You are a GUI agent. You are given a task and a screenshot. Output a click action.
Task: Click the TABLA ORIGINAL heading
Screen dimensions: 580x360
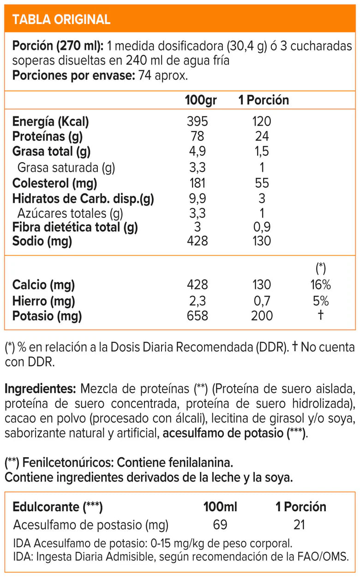click(x=61, y=19)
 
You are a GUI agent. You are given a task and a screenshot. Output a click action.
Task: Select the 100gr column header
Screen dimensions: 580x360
click(x=201, y=100)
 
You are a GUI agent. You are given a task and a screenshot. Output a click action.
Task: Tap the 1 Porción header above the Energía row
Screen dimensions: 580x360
click(x=264, y=100)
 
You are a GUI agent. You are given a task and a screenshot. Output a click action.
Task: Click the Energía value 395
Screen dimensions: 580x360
click(x=198, y=121)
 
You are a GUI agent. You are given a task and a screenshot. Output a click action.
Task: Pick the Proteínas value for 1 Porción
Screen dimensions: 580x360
click(x=262, y=136)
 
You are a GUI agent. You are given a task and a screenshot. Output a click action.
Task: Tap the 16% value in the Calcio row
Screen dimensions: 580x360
click(x=320, y=284)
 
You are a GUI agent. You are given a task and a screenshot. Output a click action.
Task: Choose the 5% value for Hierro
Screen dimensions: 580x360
click(x=320, y=302)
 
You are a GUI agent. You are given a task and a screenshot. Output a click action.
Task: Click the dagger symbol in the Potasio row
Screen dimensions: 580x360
click(x=320, y=316)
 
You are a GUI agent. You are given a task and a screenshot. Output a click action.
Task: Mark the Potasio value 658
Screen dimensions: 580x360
click(x=198, y=316)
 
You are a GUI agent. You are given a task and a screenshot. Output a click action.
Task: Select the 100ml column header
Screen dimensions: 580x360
click(x=220, y=507)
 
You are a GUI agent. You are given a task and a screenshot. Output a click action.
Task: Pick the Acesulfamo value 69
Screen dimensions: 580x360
click(x=220, y=525)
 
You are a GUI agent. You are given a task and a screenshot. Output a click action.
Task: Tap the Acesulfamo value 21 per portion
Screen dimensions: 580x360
click(x=299, y=525)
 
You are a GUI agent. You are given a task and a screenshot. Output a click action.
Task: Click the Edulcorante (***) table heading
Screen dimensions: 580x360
click(x=58, y=507)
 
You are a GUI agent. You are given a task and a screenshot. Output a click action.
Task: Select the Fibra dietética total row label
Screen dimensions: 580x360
click(x=75, y=227)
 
